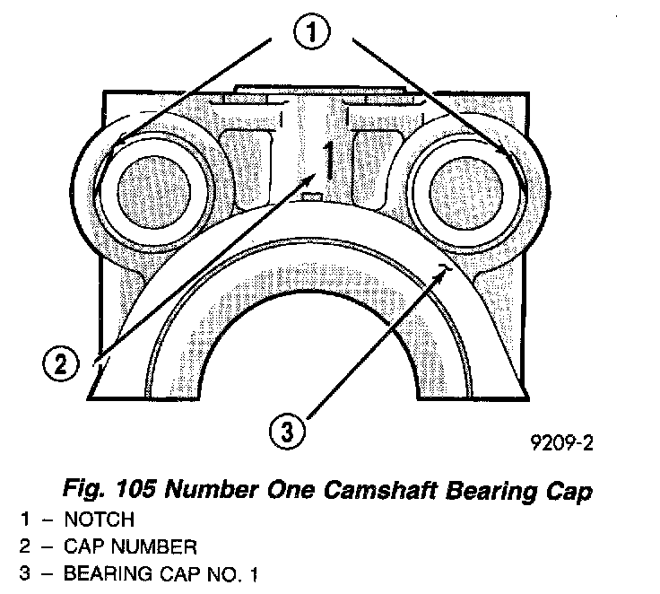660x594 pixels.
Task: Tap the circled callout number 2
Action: click(x=60, y=365)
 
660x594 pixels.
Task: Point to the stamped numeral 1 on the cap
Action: click(x=330, y=161)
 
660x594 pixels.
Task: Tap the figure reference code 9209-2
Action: click(x=562, y=442)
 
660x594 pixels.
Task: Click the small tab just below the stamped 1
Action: click(x=310, y=196)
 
